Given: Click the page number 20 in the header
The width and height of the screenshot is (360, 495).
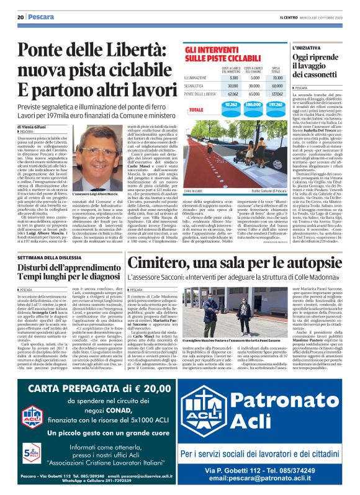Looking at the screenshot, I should (20, 17).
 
